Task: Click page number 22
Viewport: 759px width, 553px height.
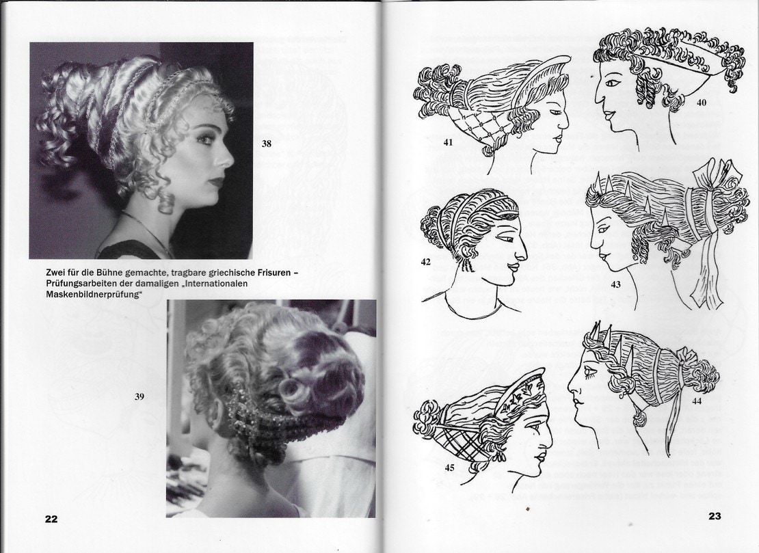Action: coord(51,519)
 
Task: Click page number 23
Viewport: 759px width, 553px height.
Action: coord(715,516)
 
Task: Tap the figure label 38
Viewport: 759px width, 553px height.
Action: coord(266,144)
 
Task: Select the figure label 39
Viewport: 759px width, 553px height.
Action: coord(139,396)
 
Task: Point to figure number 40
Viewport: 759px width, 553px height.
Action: coord(702,103)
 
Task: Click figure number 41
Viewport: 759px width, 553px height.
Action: coord(448,142)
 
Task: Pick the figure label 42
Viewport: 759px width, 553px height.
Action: coord(425,262)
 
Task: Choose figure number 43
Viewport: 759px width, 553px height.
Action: coord(615,284)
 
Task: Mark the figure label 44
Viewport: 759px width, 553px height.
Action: coord(697,401)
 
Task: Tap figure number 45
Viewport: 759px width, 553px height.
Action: coord(450,468)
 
